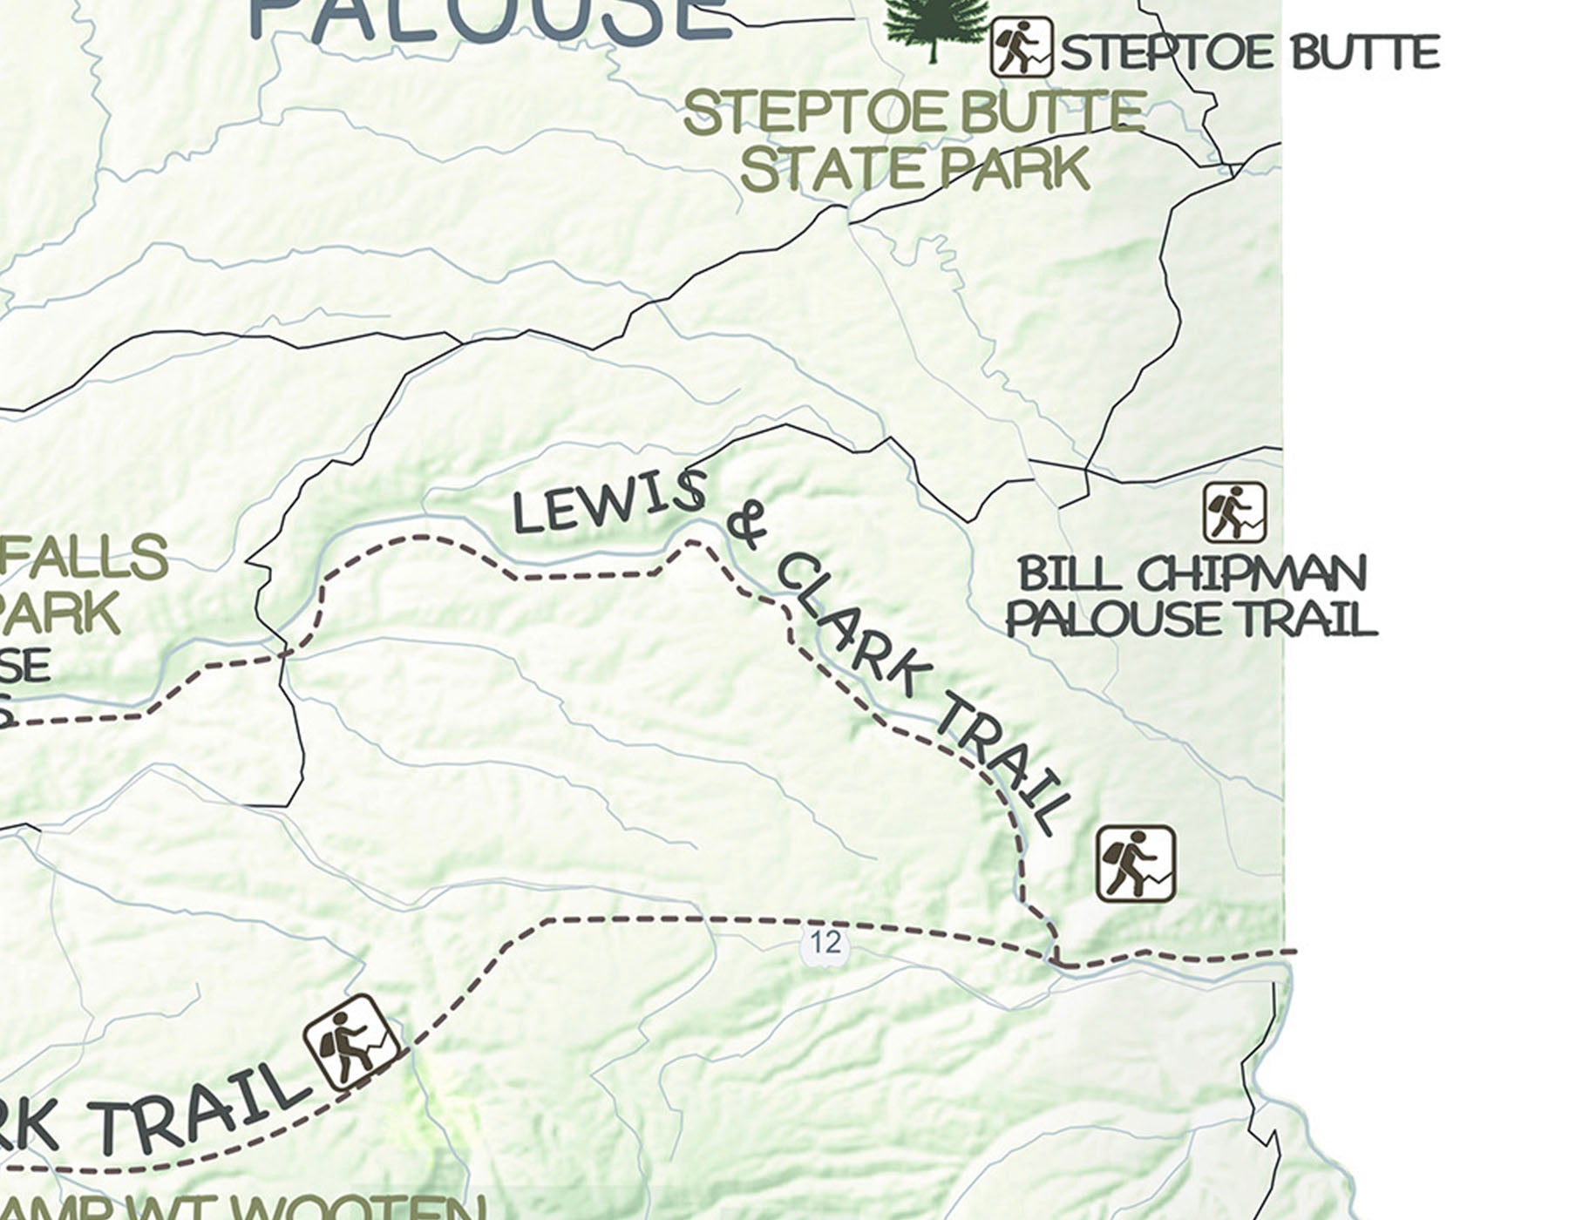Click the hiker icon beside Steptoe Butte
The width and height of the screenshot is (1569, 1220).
pyautogui.click(x=1021, y=47)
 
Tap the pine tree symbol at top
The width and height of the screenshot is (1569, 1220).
pyautogui.click(x=934, y=24)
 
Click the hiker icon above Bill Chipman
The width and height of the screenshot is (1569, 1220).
pyautogui.click(x=1234, y=512)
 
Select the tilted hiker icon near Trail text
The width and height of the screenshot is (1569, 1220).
pyautogui.click(x=352, y=1042)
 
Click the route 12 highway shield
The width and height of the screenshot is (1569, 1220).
pyautogui.click(x=825, y=943)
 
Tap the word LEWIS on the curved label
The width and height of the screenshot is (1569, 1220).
pyautogui.click(x=608, y=502)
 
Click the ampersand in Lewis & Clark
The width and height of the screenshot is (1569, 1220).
pyautogui.click(x=746, y=525)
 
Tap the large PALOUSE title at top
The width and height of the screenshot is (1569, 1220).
pyautogui.click(x=489, y=21)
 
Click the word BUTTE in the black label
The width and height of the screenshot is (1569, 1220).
pyautogui.click(x=1363, y=54)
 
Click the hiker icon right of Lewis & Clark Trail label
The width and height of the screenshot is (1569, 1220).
pyautogui.click(x=1135, y=863)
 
